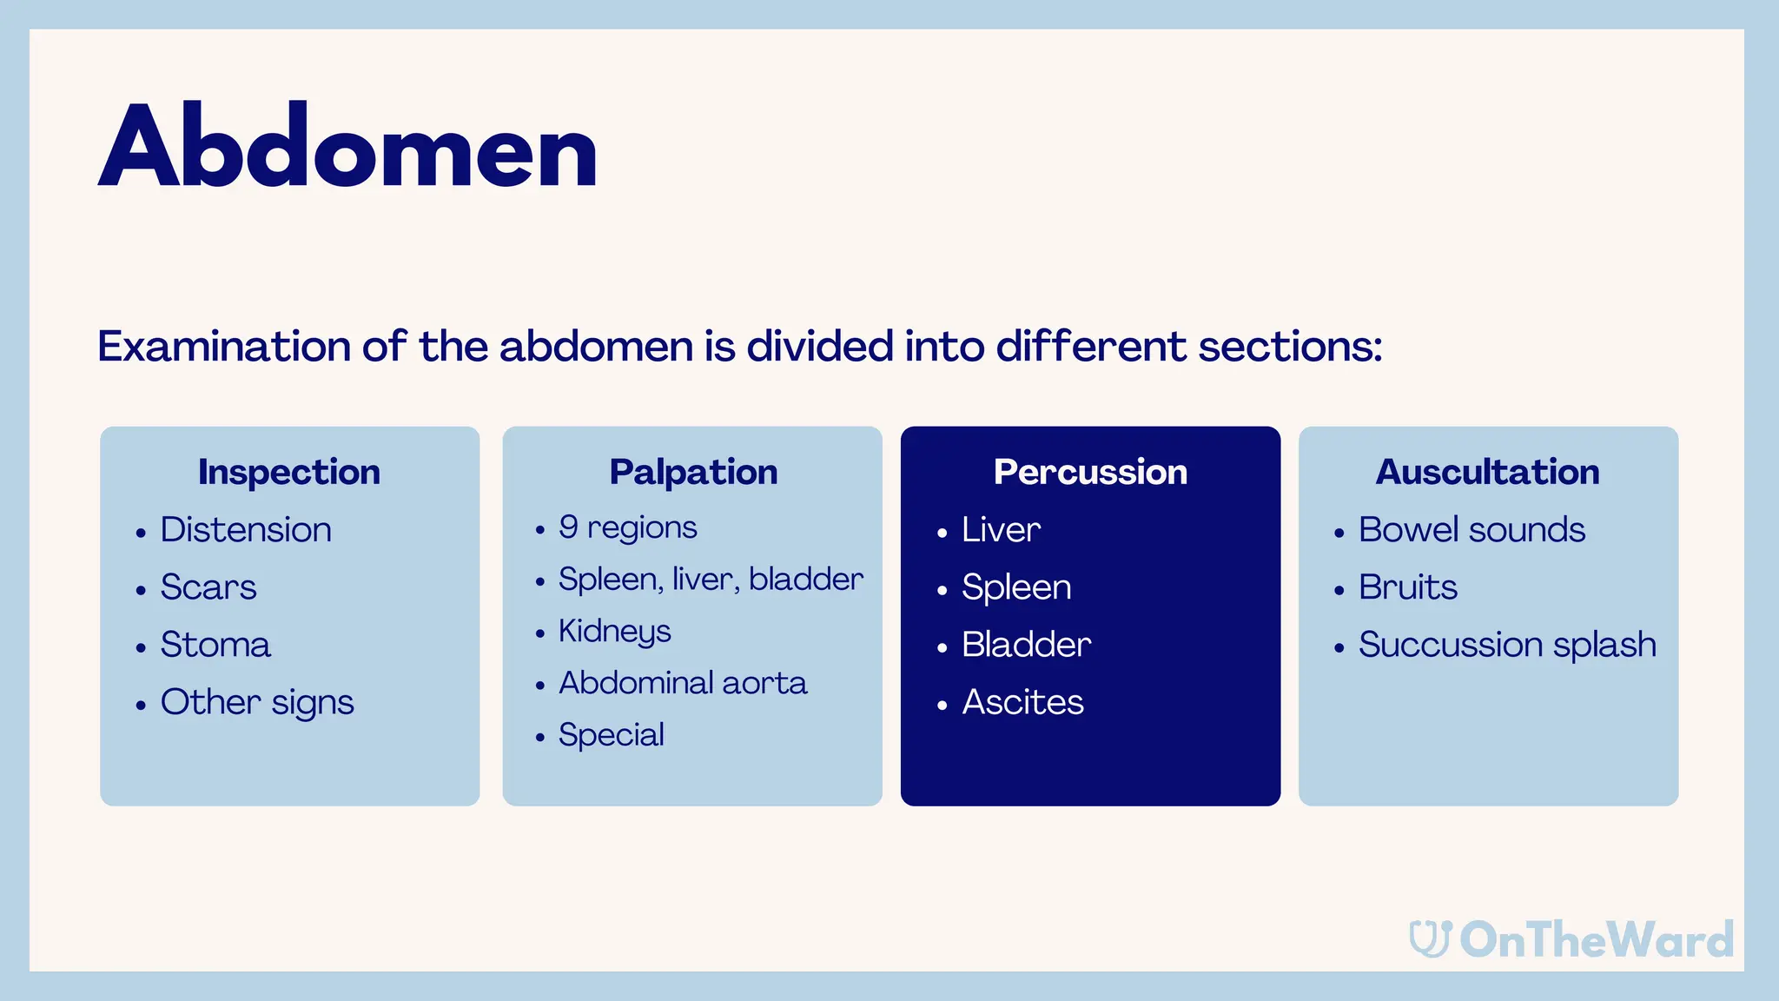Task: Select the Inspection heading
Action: click(x=289, y=472)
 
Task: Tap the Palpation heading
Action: click(x=693, y=472)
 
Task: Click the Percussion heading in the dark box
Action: click(x=1090, y=472)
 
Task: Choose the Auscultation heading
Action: click(x=1487, y=472)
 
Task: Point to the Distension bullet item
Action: click(x=246, y=530)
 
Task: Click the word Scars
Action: click(x=208, y=587)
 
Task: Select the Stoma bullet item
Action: click(x=215, y=645)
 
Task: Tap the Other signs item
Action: click(x=257, y=702)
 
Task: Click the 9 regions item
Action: click(x=628, y=527)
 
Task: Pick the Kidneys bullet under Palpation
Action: click(x=615, y=631)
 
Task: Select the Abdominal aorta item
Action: click(x=683, y=683)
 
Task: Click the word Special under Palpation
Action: click(x=612, y=735)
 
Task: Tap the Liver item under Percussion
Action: click(x=1001, y=530)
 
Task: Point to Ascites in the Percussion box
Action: click(x=1022, y=702)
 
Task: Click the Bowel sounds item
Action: click(x=1471, y=530)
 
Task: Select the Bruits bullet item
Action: click(x=1408, y=587)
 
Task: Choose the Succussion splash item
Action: click(x=1507, y=645)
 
